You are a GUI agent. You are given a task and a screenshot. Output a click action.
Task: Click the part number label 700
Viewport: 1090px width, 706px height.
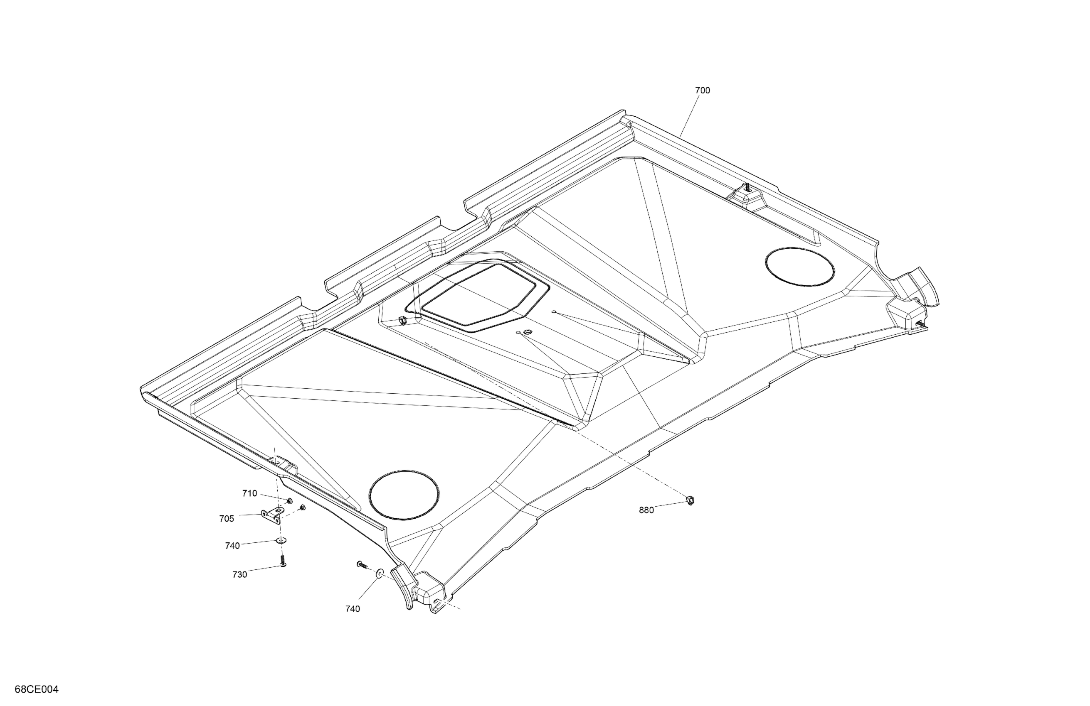pos(702,91)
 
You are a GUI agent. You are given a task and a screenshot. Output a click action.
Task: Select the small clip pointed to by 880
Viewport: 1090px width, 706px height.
pos(690,500)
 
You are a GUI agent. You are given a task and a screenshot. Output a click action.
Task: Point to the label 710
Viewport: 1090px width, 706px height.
pos(249,493)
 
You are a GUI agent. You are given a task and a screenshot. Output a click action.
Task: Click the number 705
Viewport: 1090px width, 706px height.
pos(227,518)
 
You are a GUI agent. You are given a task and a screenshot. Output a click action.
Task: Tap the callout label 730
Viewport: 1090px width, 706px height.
pos(239,575)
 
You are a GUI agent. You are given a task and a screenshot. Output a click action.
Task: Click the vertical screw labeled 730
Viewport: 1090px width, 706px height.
pos(283,561)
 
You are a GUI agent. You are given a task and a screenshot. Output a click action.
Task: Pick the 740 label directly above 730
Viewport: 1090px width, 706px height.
pos(233,546)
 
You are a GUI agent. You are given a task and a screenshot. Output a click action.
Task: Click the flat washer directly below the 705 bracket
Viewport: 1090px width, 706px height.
pos(281,540)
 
